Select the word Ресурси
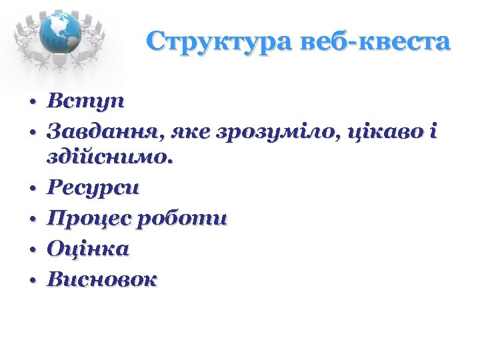(93, 188)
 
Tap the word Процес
(85, 219)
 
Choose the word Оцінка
(88, 249)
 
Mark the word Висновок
(102, 279)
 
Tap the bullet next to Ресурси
(31, 190)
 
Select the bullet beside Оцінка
(31, 251)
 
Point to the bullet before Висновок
(31, 281)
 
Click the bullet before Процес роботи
(31, 221)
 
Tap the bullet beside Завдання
(31, 134)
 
